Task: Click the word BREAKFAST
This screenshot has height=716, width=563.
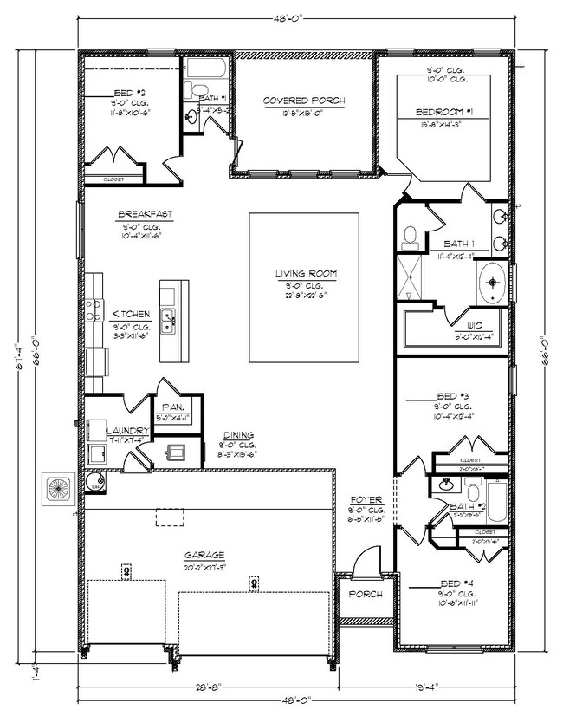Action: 145,214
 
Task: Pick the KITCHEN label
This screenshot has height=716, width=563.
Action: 131,314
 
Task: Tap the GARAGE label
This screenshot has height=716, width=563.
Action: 204,555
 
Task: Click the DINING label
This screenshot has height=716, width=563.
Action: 237,435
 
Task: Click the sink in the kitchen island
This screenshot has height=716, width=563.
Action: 170,319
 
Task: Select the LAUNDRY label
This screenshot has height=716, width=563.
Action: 122,430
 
